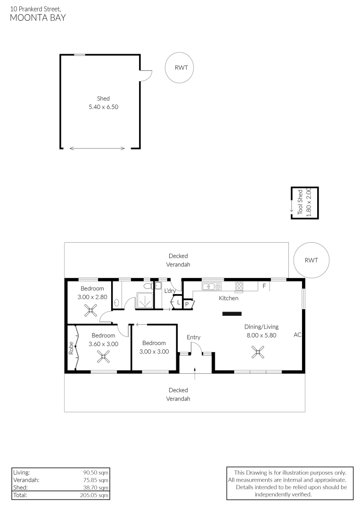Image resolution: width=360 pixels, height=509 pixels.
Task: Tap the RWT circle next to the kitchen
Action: [311, 260]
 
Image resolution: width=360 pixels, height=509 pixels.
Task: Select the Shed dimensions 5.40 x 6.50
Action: [103, 107]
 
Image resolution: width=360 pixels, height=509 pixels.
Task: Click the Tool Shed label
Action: [300, 202]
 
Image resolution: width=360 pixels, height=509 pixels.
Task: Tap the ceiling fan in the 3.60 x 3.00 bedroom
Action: [103, 357]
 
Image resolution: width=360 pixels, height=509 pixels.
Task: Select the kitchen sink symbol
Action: [212, 286]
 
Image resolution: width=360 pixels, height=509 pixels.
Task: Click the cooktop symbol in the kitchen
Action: [239, 286]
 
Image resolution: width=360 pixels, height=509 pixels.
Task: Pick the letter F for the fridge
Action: [264, 286]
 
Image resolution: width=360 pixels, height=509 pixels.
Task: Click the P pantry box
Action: [187, 304]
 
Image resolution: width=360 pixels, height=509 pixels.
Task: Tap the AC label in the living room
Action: [297, 335]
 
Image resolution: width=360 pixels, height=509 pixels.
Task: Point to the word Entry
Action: [193, 337]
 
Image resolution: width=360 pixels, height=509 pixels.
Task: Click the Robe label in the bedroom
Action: [71, 348]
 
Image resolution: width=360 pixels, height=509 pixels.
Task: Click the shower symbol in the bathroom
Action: [144, 300]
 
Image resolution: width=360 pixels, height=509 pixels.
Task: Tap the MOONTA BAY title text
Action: [38, 18]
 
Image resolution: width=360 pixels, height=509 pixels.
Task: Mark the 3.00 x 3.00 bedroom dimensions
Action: [154, 351]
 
